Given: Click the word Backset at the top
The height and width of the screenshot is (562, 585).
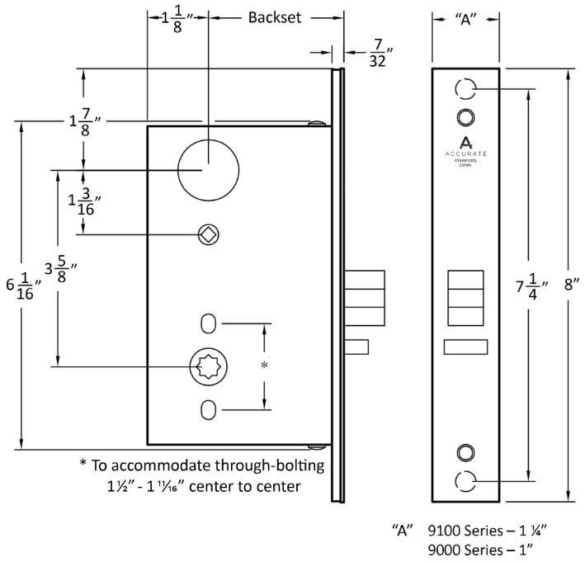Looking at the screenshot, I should [x=276, y=17].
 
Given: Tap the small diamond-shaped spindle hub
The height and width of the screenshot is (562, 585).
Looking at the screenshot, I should [x=208, y=234].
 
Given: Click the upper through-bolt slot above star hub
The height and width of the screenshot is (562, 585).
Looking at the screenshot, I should [x=209, y=321].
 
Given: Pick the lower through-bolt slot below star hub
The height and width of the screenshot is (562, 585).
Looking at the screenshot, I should [x=209, y=409].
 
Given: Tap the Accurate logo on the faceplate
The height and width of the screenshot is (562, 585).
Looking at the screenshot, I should [x=465, y=150].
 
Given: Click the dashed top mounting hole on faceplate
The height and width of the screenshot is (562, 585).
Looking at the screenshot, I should [x=465, y=88].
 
